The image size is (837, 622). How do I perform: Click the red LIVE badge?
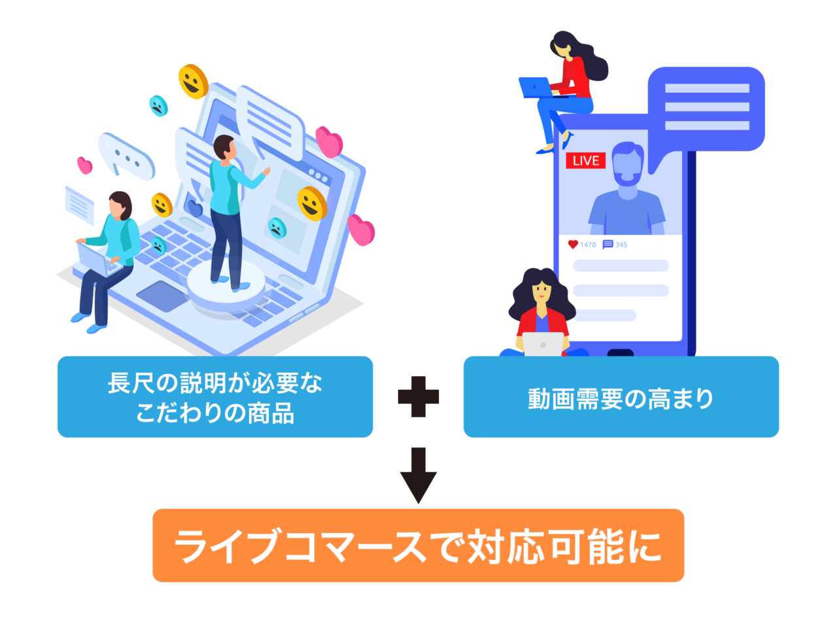coord(585,160)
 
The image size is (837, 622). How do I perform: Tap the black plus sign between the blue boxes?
coord(418,396)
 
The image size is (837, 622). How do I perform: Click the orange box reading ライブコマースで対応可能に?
coord(418,545)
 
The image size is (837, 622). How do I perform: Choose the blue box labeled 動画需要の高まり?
coord(621,397)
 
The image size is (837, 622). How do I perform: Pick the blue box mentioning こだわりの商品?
coord(215,397)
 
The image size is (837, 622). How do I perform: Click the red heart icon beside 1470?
coord(573,245)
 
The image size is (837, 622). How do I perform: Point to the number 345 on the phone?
coord(621,245)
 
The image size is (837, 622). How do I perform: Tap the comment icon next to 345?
coord(607,245)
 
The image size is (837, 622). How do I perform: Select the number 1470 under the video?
coord(589,245)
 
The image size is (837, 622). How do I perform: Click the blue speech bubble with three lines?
coord(706,108)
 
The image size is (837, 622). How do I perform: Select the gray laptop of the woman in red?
coord(543,344)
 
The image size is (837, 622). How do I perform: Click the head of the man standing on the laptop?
coord(224,147)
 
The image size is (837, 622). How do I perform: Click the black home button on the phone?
coord(620,353)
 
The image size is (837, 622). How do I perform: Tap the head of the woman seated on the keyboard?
coord(120,205)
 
